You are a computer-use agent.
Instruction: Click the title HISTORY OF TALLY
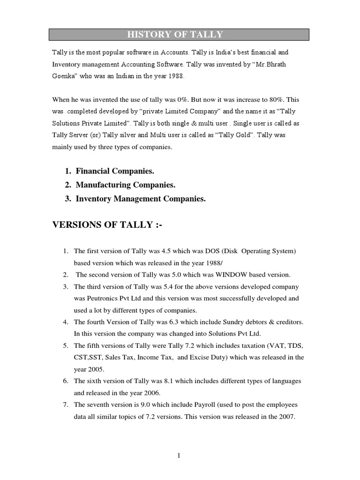pos(180,34)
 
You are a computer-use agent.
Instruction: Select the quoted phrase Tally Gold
pos(240,135)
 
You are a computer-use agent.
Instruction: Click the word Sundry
pos(228,322)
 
